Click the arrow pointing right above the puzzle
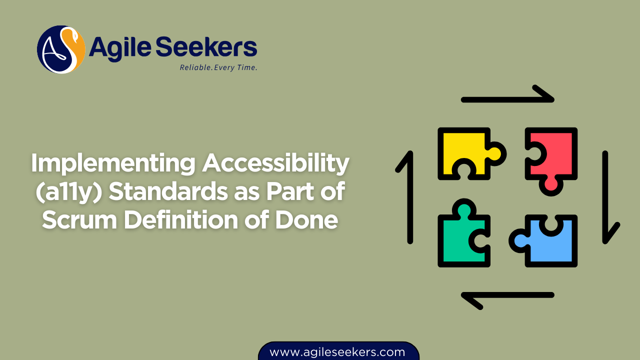click(507, 97)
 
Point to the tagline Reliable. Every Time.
click(218, 67)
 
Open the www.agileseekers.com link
click(337, 352)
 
